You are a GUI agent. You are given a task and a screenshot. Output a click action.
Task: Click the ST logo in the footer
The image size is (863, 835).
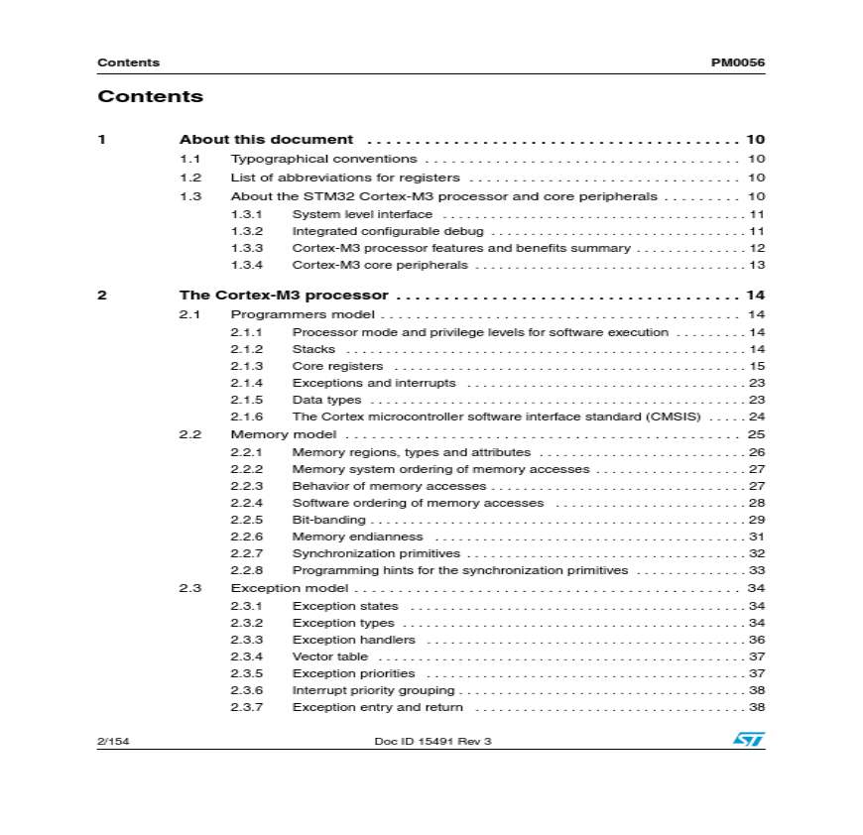(x=748, y=740)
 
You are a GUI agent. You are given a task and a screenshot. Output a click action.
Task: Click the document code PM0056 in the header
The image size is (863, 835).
(x=737, y=62)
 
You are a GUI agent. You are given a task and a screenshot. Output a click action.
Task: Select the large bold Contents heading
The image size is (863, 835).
(x=150, y=96)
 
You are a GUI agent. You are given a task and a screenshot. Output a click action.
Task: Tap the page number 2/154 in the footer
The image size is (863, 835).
(x=113, y=741)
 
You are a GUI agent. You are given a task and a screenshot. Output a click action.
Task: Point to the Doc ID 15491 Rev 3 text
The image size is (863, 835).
(x=432, y=741)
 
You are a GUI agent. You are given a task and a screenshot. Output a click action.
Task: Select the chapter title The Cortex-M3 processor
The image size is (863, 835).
(x=283, y=295)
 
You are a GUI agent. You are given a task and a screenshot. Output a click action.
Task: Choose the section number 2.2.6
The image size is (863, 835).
(x=247, y=537)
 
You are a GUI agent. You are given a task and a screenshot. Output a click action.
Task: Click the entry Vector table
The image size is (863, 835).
(x=329, y=656)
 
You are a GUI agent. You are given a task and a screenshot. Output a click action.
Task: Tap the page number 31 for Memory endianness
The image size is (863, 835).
(x=756, y=537)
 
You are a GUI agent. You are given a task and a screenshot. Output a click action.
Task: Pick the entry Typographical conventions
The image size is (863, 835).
(x=323, y=159)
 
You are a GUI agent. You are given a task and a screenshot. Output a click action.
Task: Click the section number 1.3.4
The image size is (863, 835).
(x=247, y=265)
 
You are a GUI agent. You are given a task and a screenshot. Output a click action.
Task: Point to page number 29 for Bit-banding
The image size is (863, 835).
(x=756, y=520)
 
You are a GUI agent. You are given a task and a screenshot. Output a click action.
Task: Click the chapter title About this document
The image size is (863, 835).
(x=266, y=140)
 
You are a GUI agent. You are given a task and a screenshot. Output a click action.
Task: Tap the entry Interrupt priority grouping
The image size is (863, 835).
(x=373, y=690)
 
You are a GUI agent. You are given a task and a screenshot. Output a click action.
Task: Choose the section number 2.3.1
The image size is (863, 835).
(x=247, y=606)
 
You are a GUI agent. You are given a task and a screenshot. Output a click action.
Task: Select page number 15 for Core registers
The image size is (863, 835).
(x=756, y=366)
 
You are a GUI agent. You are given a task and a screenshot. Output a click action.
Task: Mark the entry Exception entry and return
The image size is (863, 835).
(x=377, y=707)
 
